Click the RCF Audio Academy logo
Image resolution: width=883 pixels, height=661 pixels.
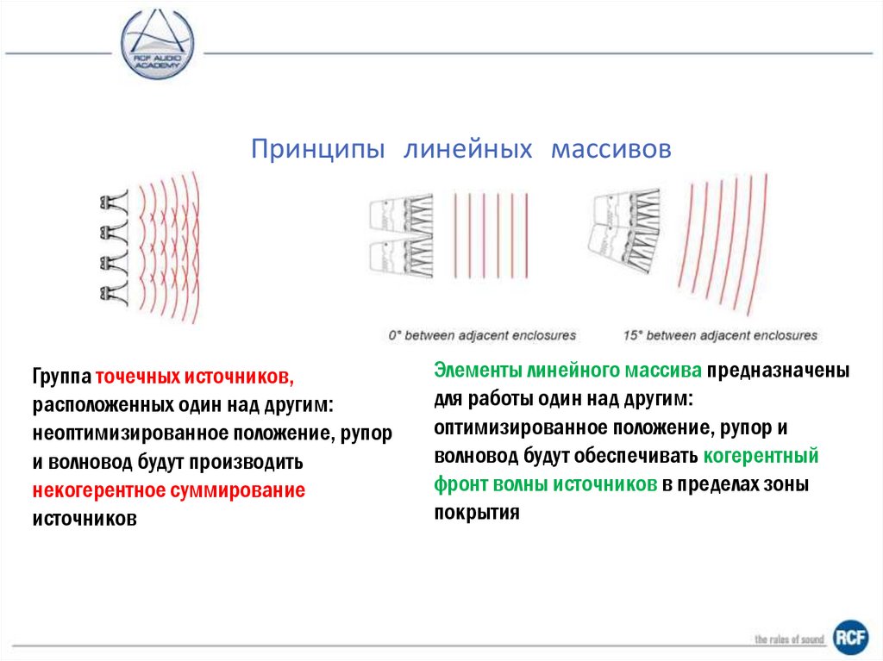157,45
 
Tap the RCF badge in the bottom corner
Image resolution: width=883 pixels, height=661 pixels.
850,638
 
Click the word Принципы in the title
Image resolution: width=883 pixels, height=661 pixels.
317,149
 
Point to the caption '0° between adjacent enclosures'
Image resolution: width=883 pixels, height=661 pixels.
482,335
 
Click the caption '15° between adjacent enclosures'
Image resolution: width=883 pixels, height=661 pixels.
720,335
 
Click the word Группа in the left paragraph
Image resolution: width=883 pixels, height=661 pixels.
62,377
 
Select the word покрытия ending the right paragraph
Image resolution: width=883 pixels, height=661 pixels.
477,513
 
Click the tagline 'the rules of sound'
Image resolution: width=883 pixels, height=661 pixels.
790,639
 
